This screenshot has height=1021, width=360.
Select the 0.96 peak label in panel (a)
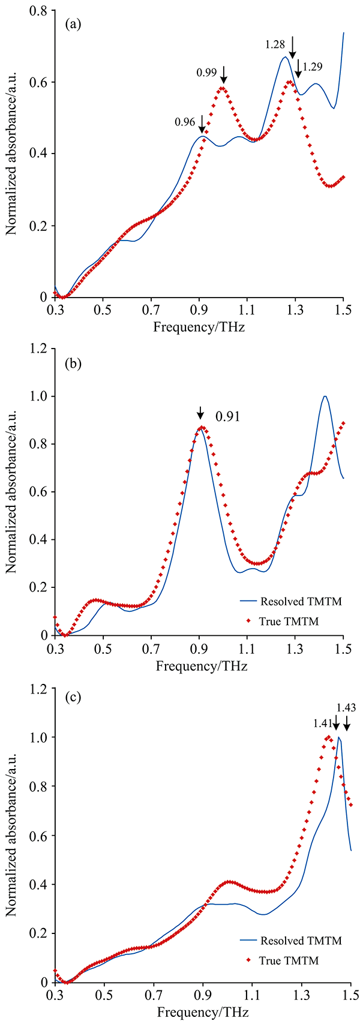coord(185,122)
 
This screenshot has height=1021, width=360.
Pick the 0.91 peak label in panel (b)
coord(228,416)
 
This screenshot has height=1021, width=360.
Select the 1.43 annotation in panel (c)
coord(346,708)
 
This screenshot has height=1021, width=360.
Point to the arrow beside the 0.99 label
coord(224,74)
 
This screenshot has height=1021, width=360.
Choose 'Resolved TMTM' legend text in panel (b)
coord(300,600)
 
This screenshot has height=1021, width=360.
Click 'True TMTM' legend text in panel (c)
coord(289,961)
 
